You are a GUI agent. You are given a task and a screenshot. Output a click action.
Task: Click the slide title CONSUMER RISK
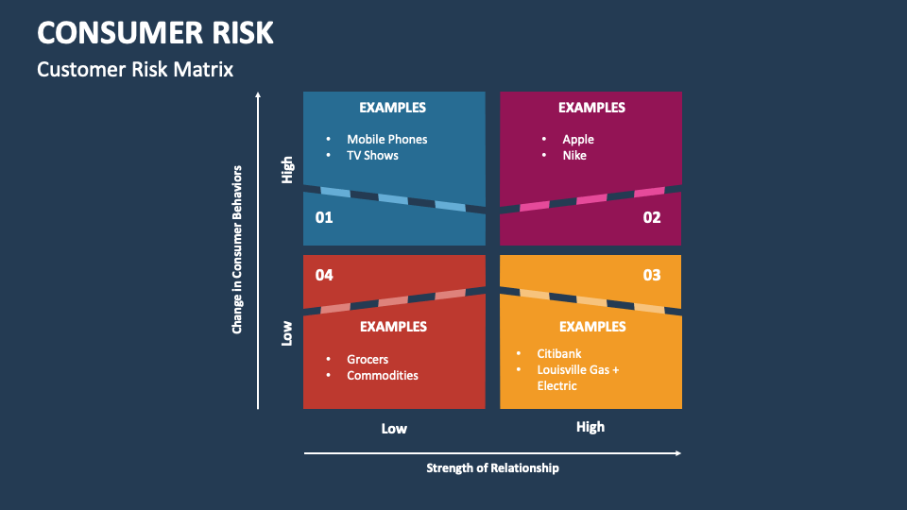pos(155,32)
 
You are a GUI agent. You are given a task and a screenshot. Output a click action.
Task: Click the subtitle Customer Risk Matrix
pos(134,69)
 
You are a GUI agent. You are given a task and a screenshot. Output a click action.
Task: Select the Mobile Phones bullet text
pos(386,139)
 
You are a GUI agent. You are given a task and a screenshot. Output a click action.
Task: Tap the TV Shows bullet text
pos(372,155)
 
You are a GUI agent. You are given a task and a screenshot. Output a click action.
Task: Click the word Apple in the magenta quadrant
pos(578,139)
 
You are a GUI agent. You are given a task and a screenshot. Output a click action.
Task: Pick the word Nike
pos(574,155)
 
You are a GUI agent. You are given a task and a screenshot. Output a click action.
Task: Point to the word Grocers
pos(368,359)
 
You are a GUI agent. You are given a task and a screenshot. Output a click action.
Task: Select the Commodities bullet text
pos(382,375)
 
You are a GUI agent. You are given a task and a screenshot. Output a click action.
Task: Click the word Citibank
pos(559,353)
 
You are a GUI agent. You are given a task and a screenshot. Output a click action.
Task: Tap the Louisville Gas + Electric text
pos(577,378)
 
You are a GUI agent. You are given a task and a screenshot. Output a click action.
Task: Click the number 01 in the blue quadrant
pos(324,217)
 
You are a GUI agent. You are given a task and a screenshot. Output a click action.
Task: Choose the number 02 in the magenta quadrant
pos(652,217)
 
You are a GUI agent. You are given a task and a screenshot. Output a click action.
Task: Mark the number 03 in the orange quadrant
pos(652,275)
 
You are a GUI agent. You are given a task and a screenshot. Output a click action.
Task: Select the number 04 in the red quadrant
pos(324,275)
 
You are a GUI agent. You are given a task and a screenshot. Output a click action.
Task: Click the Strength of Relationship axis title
pos(492,467)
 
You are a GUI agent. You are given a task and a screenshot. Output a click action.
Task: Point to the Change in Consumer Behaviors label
pos(237,249)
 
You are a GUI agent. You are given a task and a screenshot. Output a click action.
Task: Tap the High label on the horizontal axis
pos(590,427)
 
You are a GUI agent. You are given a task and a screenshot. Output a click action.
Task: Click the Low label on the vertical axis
pos(287,332)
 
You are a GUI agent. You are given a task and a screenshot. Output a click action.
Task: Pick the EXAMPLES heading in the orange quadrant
pos(592,327)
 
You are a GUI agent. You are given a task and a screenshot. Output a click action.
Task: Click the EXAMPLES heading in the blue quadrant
pos(393,108)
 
